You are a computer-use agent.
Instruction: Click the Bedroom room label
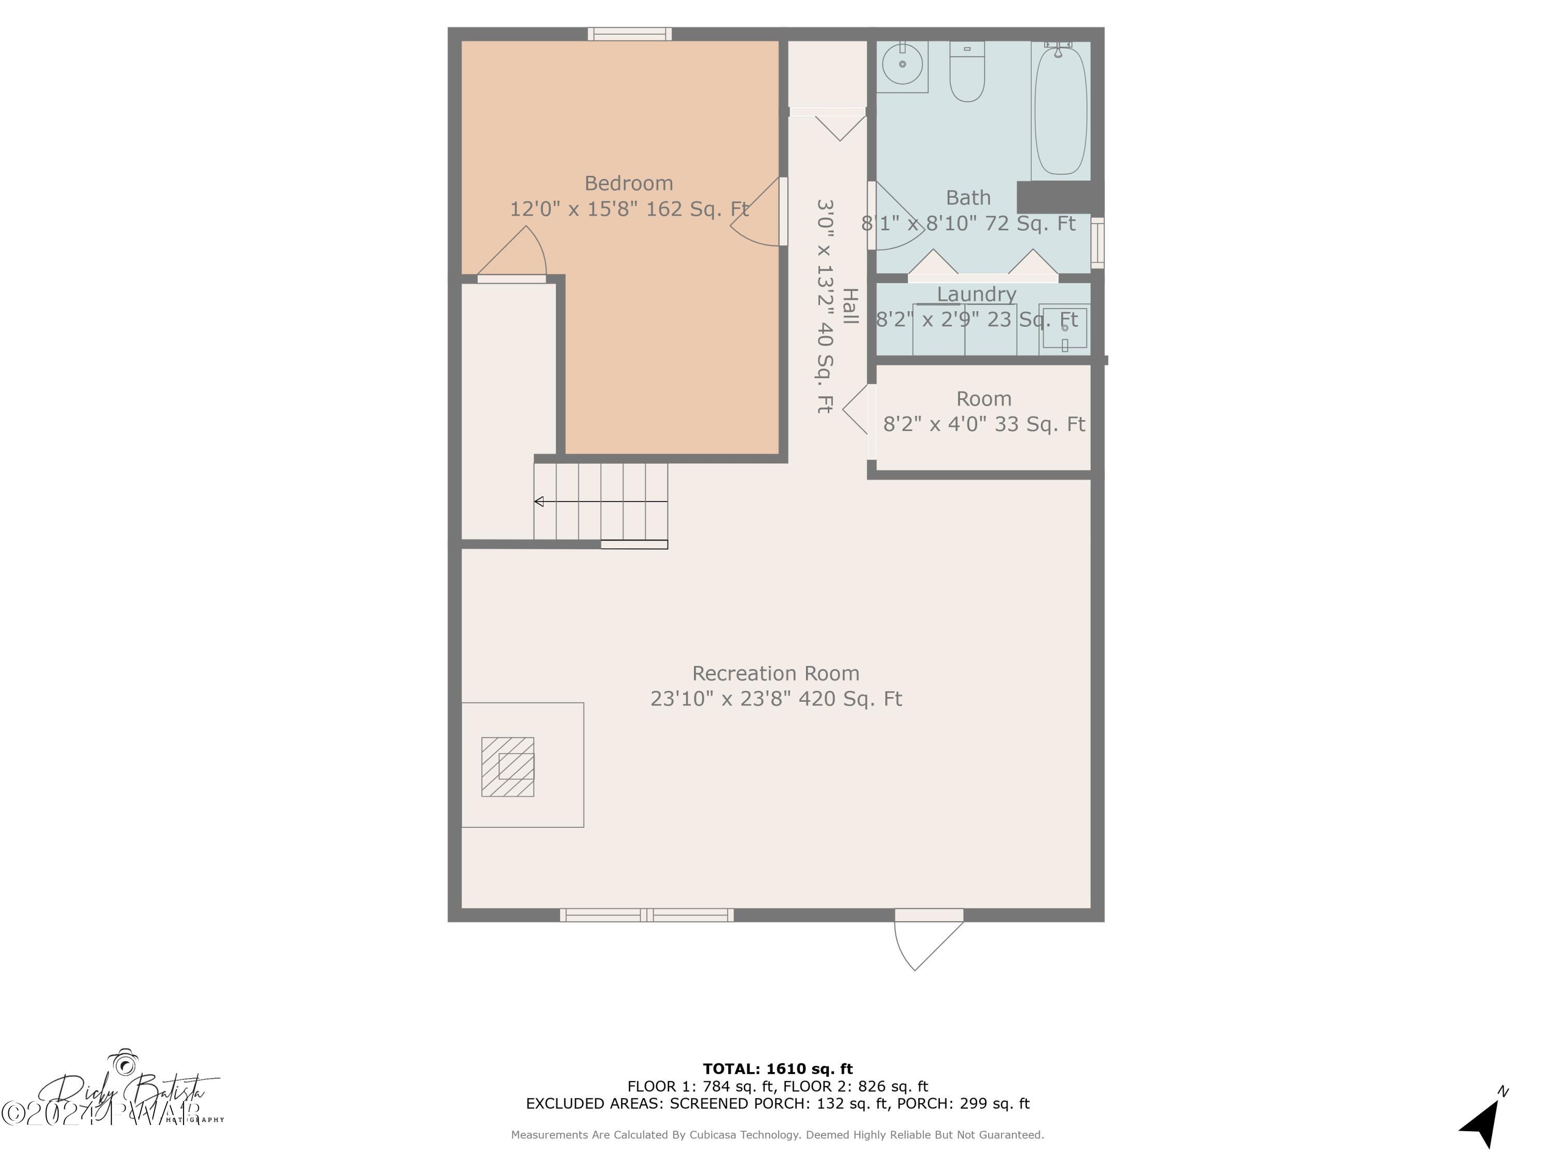[628, 184]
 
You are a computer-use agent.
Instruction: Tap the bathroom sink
[902, 64]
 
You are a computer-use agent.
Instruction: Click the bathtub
[1060, 109]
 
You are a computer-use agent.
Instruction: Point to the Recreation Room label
[775, 673]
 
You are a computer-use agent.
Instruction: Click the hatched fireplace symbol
[507, 767]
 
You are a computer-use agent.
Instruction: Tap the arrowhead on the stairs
[539, 502]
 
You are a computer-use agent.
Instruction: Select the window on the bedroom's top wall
[630, 34]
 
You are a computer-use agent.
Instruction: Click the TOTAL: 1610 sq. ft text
[777, 1069]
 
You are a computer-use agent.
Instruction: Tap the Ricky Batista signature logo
[127, 1094]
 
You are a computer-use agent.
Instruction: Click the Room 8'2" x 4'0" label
[983, 411]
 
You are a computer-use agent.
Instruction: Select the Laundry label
[976, 294]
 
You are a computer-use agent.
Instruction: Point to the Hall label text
[851, 306]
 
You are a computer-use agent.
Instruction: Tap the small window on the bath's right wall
[1097, 243]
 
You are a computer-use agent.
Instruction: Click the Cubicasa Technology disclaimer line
[777, 1135]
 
